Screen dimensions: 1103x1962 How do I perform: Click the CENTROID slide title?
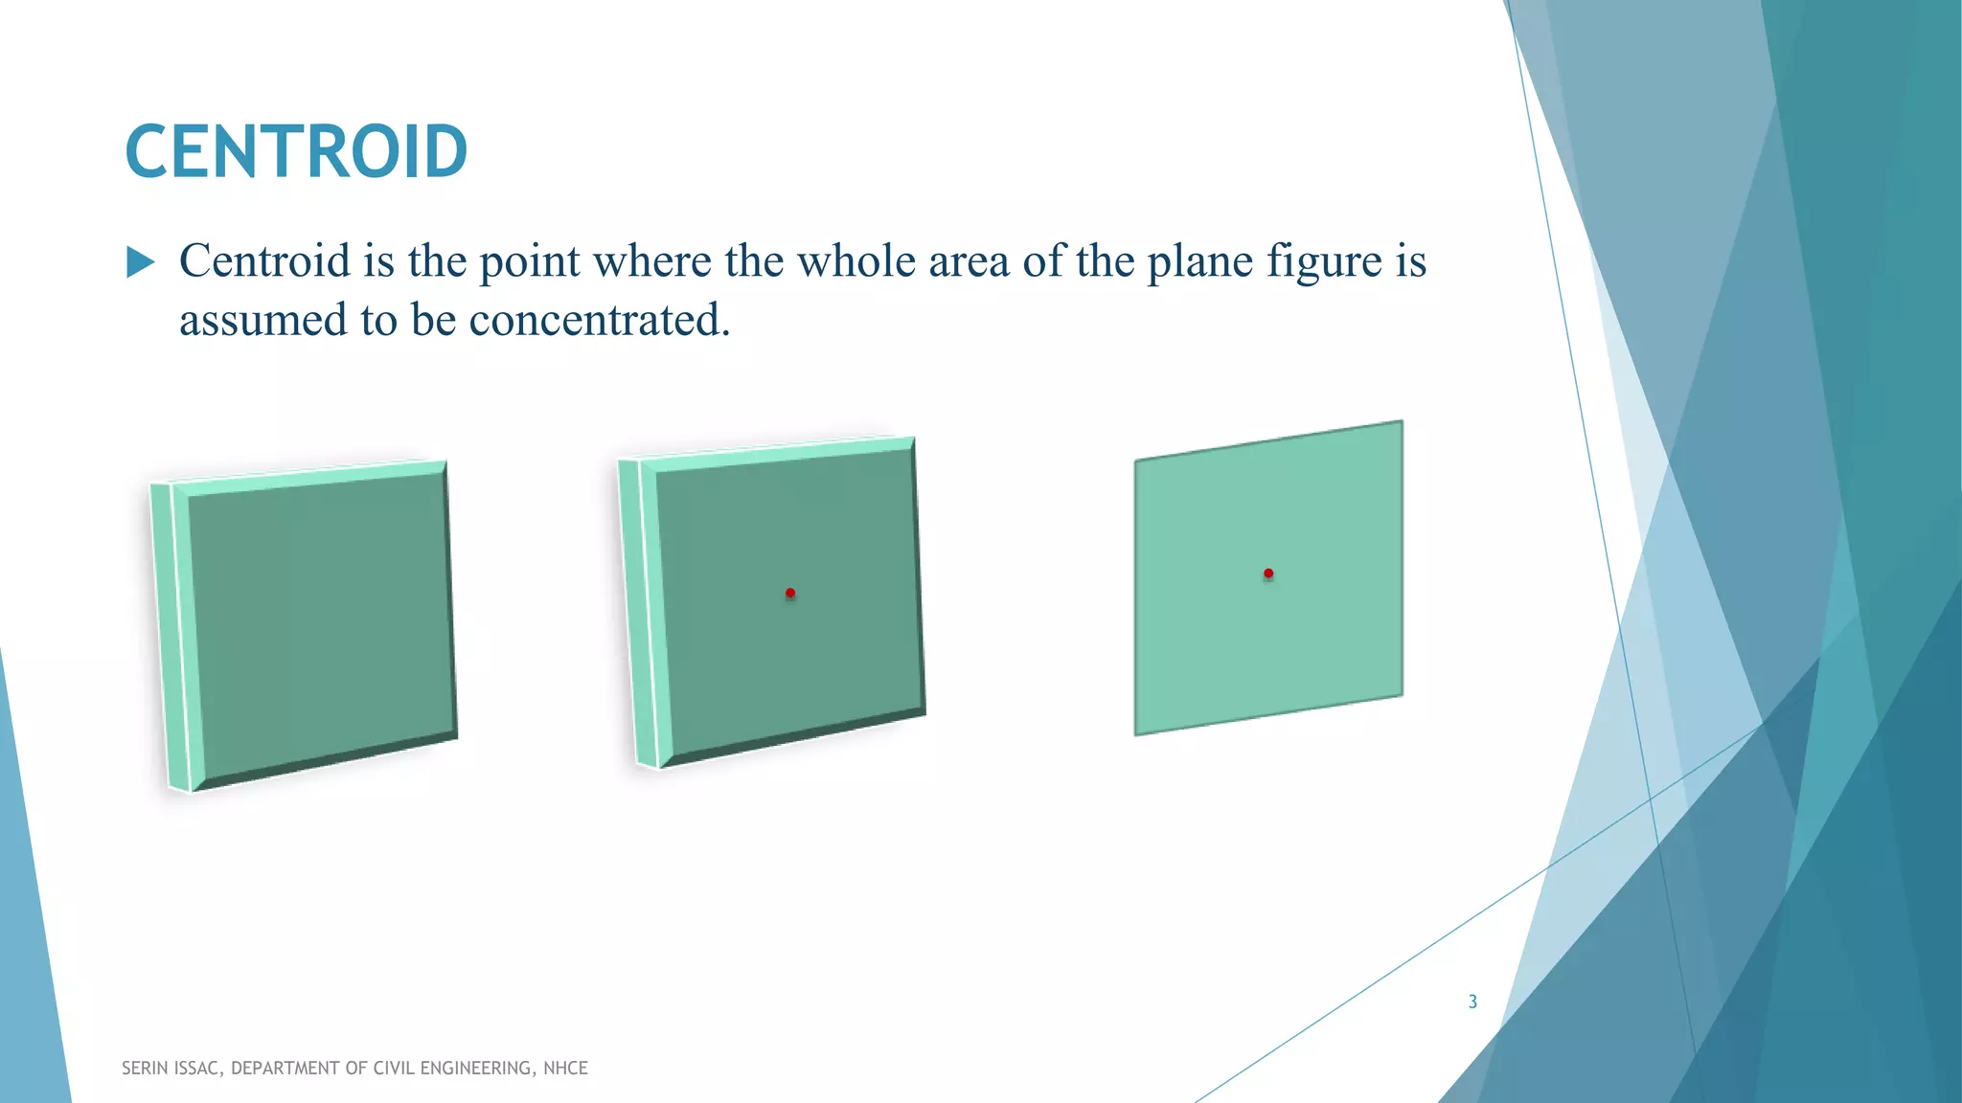click(x=296, y=151)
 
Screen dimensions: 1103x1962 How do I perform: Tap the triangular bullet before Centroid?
click(x=140, y=262)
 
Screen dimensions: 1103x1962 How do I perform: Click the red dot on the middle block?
click(x=790, y=594)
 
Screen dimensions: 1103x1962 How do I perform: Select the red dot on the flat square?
click(x=1268, y=574)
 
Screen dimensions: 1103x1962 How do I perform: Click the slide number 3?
click(x=1472, y=1002)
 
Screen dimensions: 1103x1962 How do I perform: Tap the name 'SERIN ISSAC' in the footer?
click(x=172, y=1069)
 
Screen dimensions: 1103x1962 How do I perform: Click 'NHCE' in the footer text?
click(x=565, y=1069)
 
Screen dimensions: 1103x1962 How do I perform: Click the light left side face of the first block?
click(x=172, y=637)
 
